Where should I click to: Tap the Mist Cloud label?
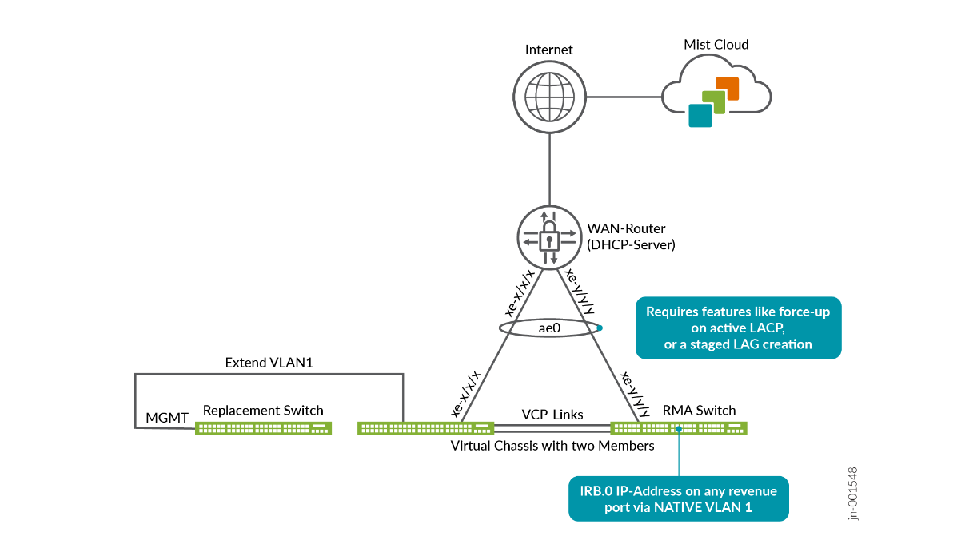pos(716,45)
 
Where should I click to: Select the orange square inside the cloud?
pos(727,88)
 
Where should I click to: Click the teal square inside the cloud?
pos(700,115)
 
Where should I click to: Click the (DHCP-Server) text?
pos(632,245)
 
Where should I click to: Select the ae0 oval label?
pos(548,328)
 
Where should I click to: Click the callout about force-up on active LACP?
pos(738,328)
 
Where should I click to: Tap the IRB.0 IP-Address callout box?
pos(678,499)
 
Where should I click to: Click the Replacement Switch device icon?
pos(263,428)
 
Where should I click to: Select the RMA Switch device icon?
pos(679,428)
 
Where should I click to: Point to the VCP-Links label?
pos(552,415)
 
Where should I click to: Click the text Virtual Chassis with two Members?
pos(552,446)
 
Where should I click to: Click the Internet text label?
pos(548,50)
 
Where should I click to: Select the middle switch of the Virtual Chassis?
pos(425,428)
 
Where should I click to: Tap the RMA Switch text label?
pos(699,411)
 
